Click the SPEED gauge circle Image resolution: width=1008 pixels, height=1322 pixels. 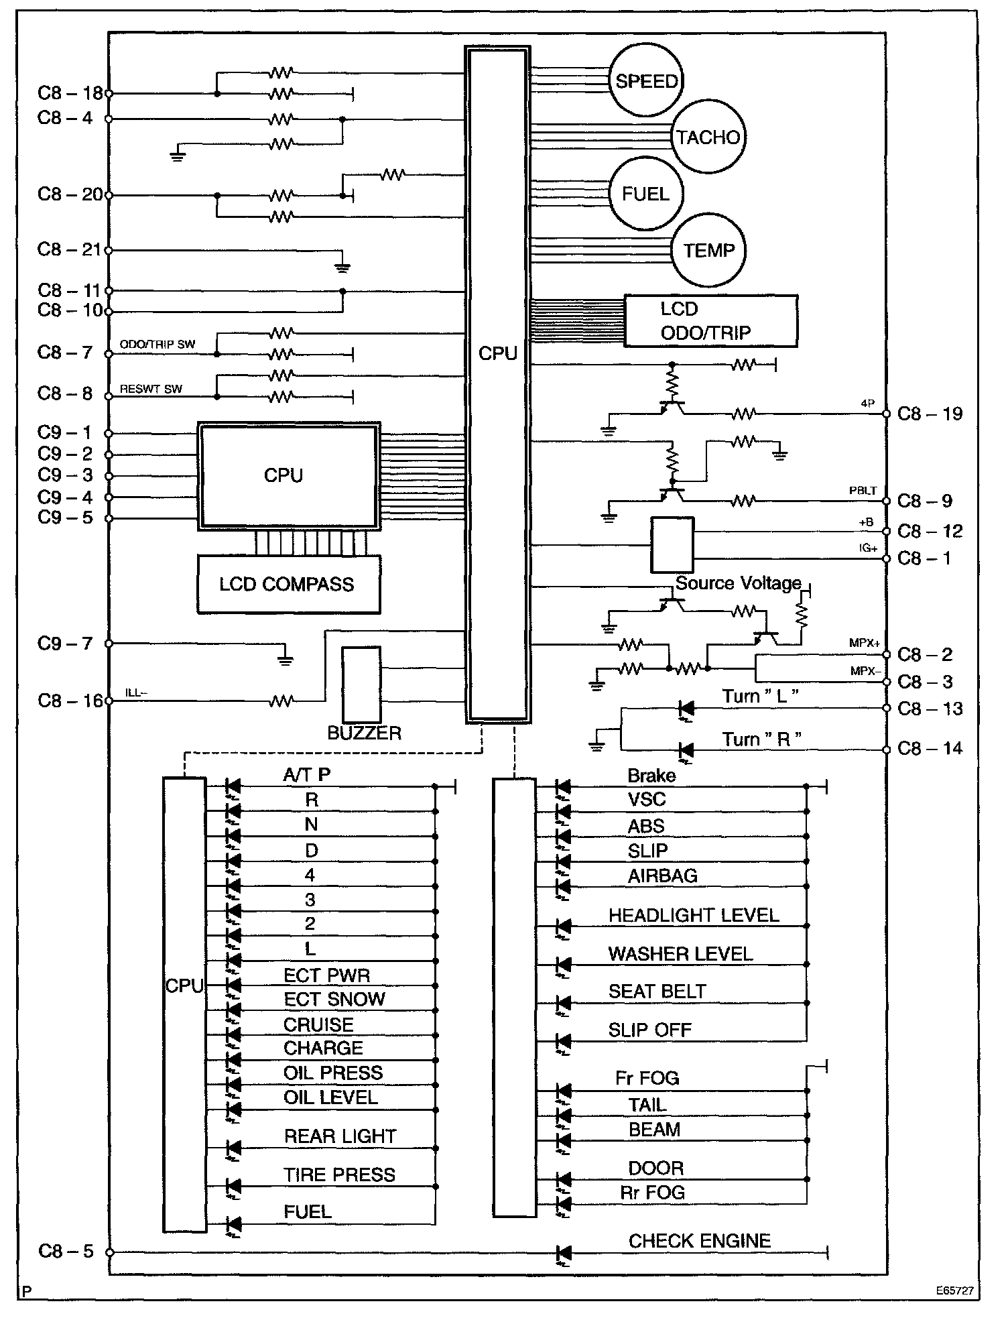coord(646,81)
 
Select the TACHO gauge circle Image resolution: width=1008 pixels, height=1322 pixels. coord(708,137)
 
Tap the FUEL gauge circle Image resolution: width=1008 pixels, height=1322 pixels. coord(645,194)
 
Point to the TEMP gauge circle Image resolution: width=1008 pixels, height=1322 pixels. coord(708,251)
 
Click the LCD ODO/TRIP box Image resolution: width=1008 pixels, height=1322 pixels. coord(710,320)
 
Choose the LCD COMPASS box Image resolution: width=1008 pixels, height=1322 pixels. coord(288,584)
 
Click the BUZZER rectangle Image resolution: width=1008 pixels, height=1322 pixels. coord(361,684)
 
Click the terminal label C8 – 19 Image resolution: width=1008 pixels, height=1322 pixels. coord(930,414)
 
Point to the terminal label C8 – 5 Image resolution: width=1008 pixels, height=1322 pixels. coord(66,1251)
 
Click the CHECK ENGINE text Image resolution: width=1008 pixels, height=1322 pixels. coord(699,1241)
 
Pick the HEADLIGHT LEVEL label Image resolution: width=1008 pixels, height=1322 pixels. coord(694,916)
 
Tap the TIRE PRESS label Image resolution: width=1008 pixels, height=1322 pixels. coord(339,1175)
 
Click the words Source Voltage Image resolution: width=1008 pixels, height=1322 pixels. coord(738,583)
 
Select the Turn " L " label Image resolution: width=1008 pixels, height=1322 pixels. coord(761,697)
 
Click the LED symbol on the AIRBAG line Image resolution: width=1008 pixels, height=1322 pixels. coord(563,887)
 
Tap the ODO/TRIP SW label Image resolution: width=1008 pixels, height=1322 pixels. coord(157,345)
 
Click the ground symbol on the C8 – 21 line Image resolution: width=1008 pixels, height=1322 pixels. coord(342,266)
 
